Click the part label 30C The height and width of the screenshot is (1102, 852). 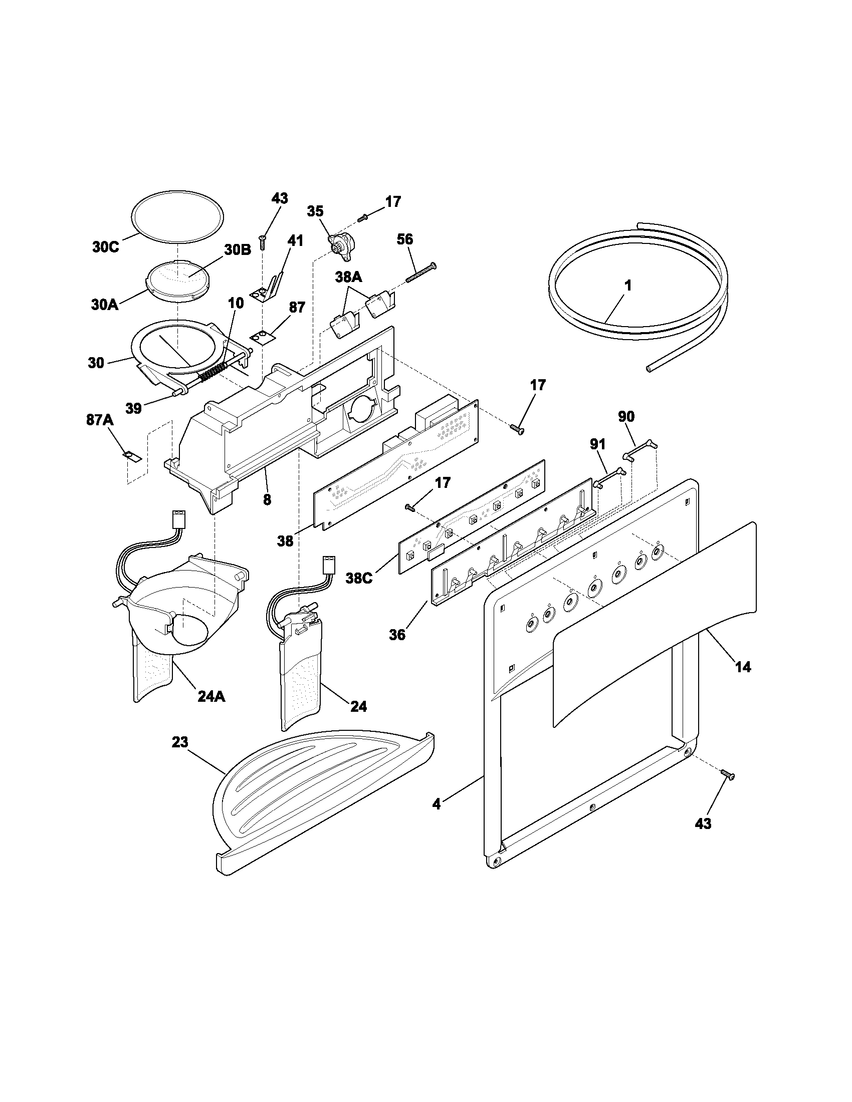click(105, 248)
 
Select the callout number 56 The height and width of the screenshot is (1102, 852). click(405, 239)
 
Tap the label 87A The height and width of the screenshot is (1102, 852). click(99, 420)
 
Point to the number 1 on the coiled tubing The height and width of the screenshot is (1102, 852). click(627, 286)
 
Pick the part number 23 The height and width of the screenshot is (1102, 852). click(180, 743)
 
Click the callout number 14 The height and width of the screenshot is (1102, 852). click(743, 667)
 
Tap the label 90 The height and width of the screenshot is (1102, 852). click(626, 417)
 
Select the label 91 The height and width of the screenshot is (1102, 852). click(597, 444)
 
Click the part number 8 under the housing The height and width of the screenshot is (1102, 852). click(267, 500)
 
